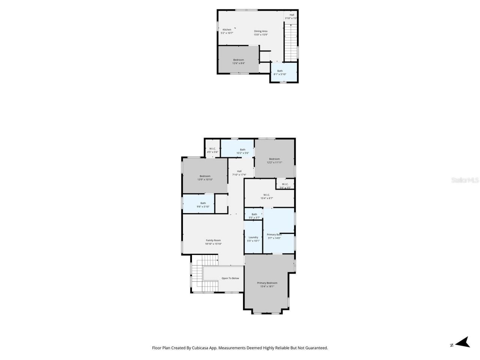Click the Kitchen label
pos(227,30)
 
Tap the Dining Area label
pos(261,31)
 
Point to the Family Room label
pos(213,240)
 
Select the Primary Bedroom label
pos(267,283)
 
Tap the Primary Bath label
pos(274,235)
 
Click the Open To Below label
pos(230,278)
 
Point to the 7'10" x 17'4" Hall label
pos(239,171)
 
